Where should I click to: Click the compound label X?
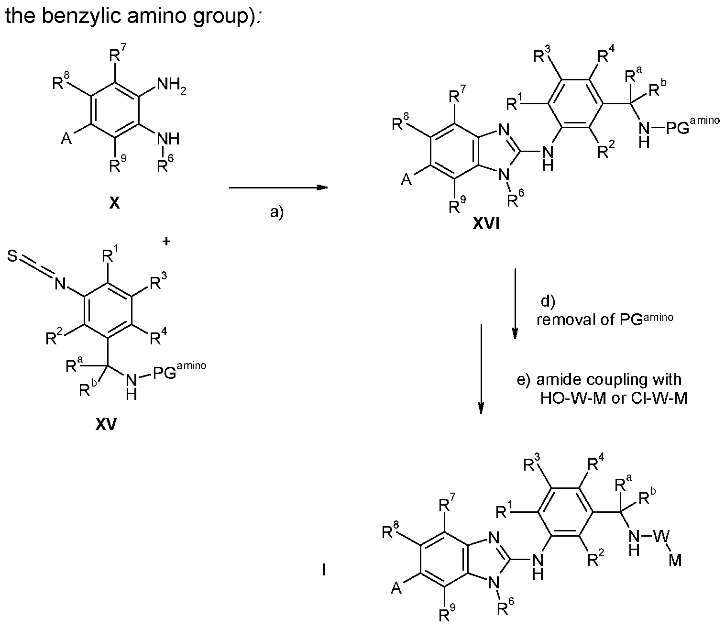tap(114, 204)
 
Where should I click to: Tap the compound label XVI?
tap(486, 223)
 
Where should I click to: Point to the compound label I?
tap(324, 570)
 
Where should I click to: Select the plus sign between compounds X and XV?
tap(166, 242)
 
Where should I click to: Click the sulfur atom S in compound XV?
tap(13, 258)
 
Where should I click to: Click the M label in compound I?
tap(675, 561)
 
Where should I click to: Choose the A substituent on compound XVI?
tap(406, 180)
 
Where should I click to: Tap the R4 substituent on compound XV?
tap(157, 340)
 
